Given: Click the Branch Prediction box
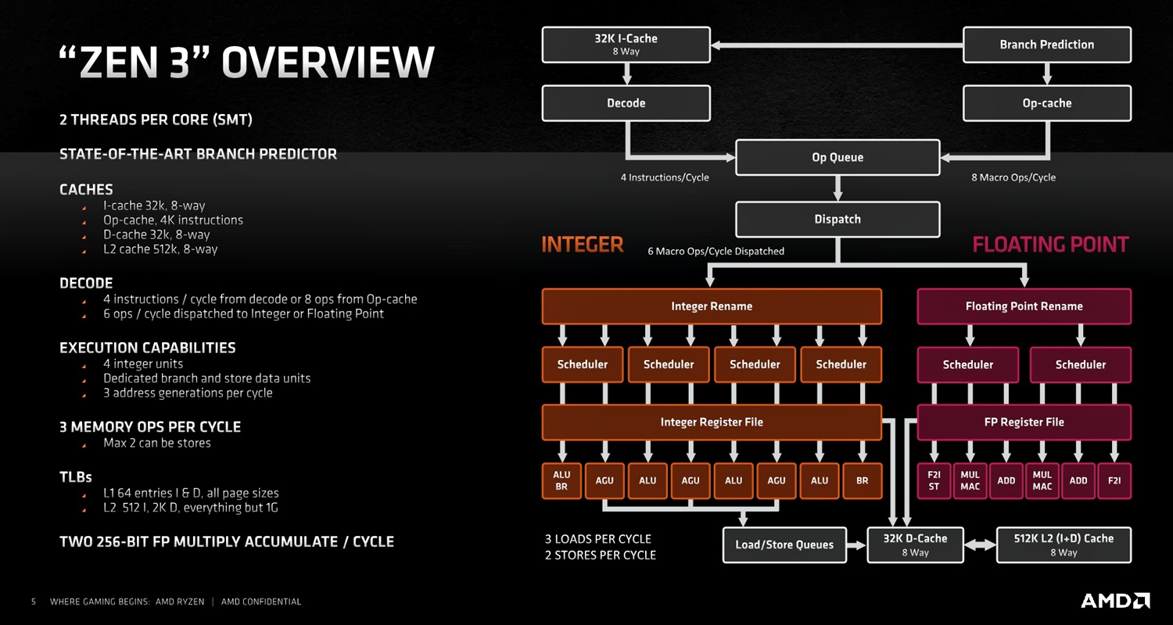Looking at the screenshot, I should point(1046,45).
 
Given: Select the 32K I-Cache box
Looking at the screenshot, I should point(626,45).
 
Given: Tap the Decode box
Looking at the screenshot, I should point(626,103).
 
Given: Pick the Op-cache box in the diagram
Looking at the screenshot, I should point(1046,103).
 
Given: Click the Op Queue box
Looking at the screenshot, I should point(837,157).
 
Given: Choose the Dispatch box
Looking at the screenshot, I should point(837,220).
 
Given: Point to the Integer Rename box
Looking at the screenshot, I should point(711,306).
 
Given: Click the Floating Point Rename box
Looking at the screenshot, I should point(1024,306).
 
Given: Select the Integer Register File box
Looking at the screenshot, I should point(711,422).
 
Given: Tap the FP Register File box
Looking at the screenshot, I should point(1024,422).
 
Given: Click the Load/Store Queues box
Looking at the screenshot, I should point(784,545).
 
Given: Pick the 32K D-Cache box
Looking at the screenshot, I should point(915,545).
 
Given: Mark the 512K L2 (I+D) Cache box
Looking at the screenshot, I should point(1063,545).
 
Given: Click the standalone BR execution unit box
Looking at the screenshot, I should point(862,480).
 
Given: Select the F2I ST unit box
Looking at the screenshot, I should point(934,480).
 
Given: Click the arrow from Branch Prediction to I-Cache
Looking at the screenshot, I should point(837,45).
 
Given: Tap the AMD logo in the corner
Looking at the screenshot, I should point(1115,601).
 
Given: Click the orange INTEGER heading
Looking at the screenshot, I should point(583,245).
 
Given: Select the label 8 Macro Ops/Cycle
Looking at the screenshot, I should point(1013,177).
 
